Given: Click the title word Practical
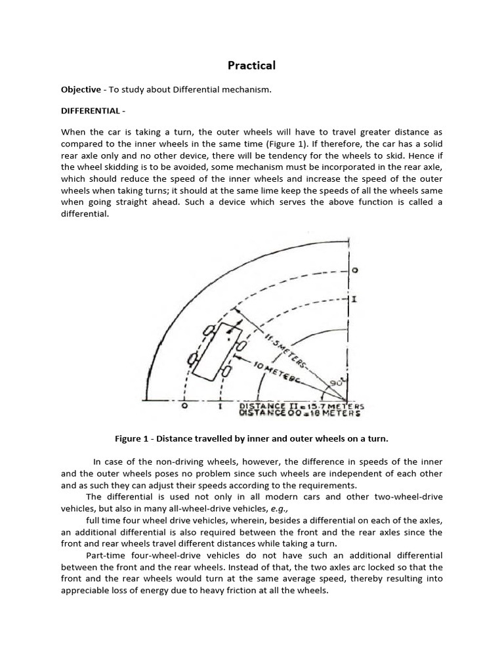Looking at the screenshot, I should point(251,65).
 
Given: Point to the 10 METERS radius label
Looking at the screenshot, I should point(287,372).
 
